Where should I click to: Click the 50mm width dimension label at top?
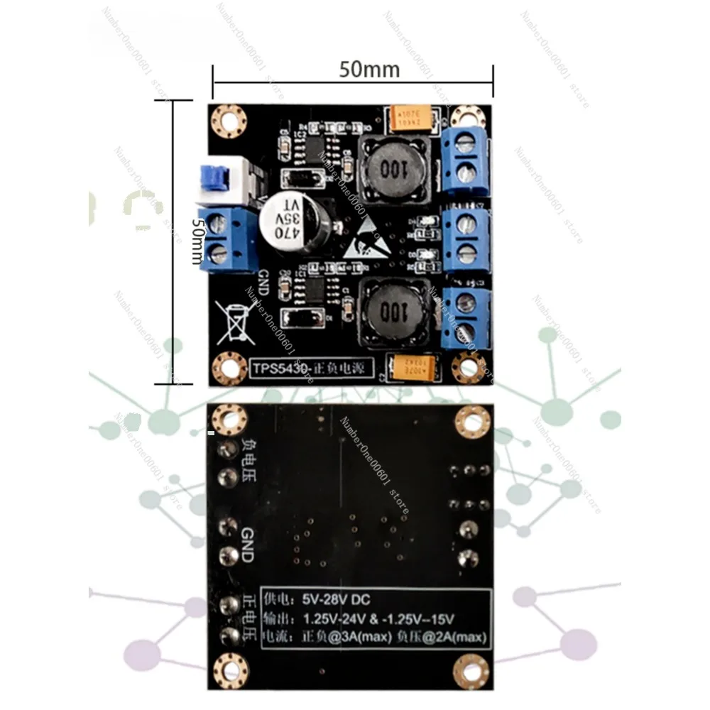pyautogui.click(x=368, y=70)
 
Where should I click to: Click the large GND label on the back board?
pyautogui.click(x=247, y=545)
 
